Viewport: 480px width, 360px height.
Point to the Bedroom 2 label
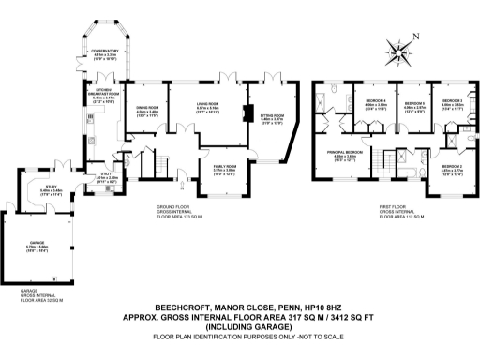click(x=452, y=168)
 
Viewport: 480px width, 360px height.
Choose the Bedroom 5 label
click(x=415, y=104)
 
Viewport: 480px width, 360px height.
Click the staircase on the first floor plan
click(x=383, y=165)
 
